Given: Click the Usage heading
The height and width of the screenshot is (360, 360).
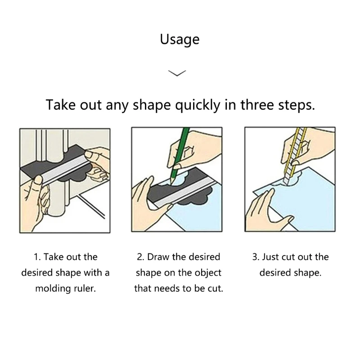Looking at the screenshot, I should pos(180,40).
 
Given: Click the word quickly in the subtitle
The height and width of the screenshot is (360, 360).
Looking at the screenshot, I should pos(198,105).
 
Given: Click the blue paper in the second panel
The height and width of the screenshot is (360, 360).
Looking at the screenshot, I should pos(198,211).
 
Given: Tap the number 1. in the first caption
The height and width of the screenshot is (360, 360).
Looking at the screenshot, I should pos(38,257).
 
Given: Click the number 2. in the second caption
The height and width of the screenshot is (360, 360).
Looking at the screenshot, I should pos(140,257).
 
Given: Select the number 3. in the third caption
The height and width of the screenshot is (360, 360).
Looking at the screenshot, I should pos(256,257).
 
